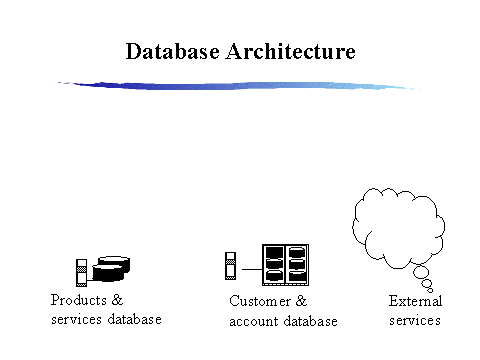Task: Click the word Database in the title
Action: (172, 51)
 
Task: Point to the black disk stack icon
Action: (111, 268)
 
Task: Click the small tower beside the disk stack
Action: (82, 271)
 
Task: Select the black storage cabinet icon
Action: (285, 265)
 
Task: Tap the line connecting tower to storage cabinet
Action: (250, 268)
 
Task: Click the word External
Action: (415, 301)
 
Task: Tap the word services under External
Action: (415, 320)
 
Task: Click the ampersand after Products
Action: (118, 300)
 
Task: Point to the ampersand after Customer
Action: (301, 301)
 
